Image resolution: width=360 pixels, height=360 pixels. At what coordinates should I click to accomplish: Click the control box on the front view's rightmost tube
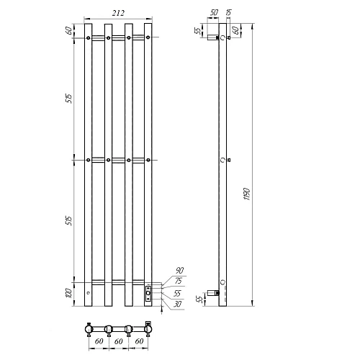(148, 292)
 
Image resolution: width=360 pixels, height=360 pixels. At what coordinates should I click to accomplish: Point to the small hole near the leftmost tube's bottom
(89, 293)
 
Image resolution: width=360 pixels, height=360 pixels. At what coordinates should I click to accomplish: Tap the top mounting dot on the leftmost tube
(89, 37)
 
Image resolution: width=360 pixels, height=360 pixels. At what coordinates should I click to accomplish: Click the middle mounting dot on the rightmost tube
(148, 159)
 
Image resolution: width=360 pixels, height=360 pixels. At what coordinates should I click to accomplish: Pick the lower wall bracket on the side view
(212, 292)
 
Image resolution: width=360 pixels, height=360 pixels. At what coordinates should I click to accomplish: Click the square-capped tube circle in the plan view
(148, 329)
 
